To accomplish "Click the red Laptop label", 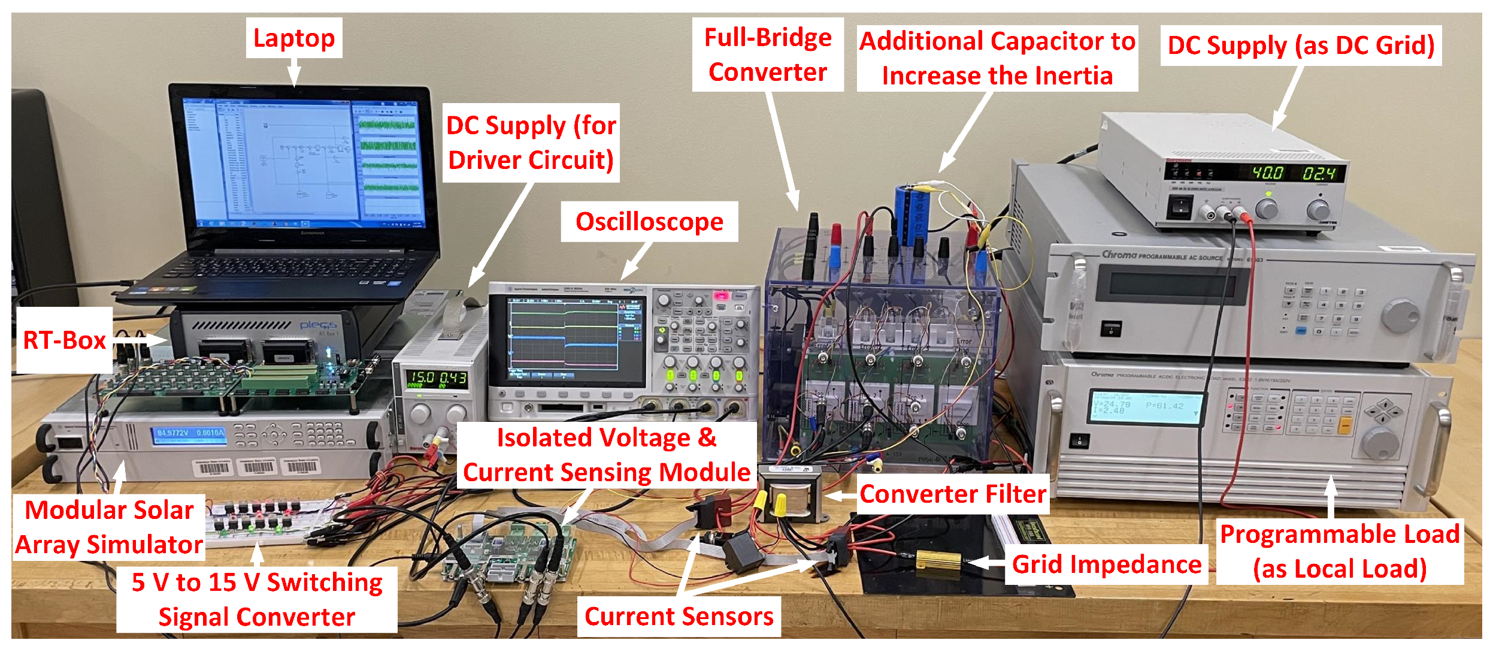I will [293, 38].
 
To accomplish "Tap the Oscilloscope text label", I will [649, 222].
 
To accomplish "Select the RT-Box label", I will [64, 340].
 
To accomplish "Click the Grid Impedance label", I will [1106, 565].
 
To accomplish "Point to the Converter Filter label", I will [952, 494].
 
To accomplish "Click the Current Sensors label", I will [679, 617].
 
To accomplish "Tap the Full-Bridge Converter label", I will [768, 55].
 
